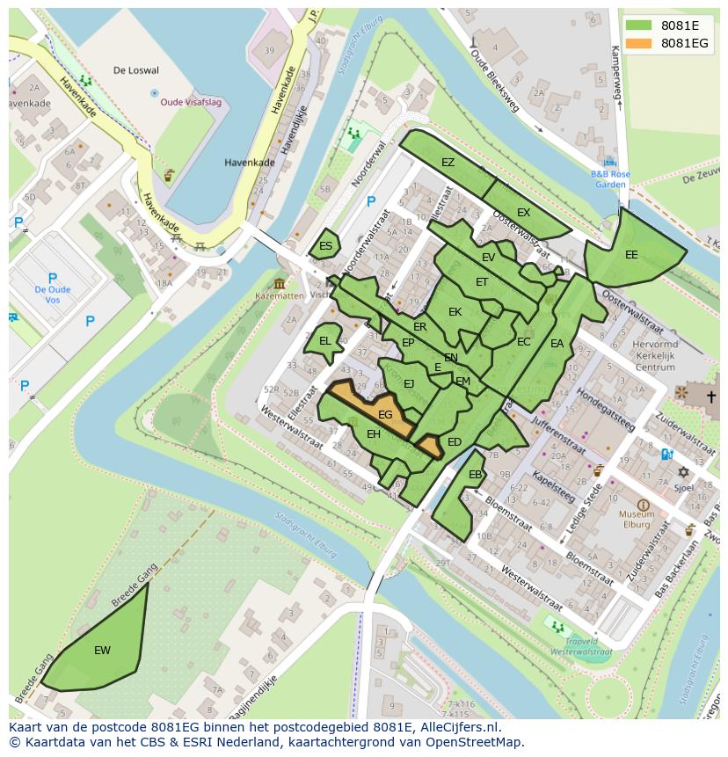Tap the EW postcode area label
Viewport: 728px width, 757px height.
click(x=102, y=651)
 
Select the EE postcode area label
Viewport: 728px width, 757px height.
click(x=631, y=255)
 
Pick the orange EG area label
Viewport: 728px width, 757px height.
click(x=385, y=414)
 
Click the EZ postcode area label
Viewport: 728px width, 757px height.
click(x=448, y=163)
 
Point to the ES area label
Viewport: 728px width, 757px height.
click(x=325, y=246)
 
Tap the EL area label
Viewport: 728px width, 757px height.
click(x=324, y=341)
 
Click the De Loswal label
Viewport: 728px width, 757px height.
click(x=136, y=69)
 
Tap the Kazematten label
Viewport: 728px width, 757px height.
click(x=280, y=296)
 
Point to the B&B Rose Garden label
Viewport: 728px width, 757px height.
click(x=609, y=179)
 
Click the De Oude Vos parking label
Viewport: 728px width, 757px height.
click(x=53, y=295)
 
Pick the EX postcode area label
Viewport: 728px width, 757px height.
click(x=523, y=213)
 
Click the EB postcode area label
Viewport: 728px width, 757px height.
click(x=475, y=475)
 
